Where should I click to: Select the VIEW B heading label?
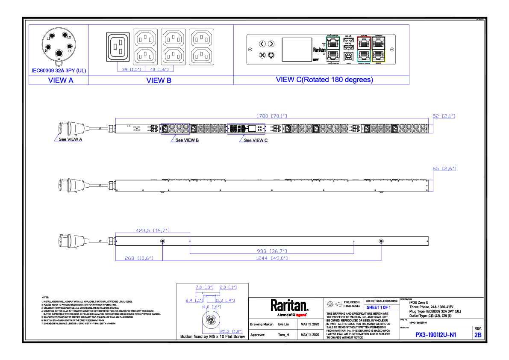point(159,80)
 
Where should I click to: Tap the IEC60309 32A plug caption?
point(59,71)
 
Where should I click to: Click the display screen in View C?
point(295,49)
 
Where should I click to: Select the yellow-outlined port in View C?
point(378,56)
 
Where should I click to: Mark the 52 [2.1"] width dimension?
point(444,116)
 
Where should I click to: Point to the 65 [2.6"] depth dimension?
point(444,168)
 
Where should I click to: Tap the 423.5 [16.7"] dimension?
point(153,230)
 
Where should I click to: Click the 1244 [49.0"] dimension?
point(272,258)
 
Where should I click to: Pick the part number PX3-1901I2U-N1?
point(435,335)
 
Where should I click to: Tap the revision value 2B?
point(477,335)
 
